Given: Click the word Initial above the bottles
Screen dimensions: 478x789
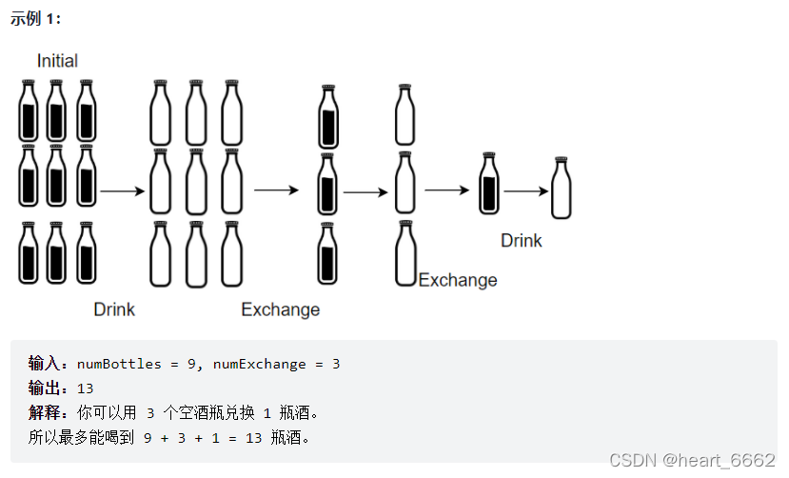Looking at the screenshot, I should [x=57, y=61].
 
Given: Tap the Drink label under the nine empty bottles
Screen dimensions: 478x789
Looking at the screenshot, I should [x=114, y=309].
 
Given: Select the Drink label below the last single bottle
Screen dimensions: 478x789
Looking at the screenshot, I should [x=521, y=241].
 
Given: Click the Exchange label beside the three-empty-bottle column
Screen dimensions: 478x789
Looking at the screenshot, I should [x=458, y=280].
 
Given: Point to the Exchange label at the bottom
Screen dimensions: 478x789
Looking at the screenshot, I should [x=280, y=309].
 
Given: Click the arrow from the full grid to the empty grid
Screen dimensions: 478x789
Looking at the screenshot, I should [x=122, y=190].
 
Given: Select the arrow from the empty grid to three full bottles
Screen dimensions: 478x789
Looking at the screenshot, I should [x=276, y=190].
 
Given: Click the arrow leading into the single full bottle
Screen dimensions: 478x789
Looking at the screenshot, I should [x=448, y=190].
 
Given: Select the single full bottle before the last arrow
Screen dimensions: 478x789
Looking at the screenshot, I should [x=489, y=184].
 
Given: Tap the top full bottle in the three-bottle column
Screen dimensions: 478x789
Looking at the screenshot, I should [x=328, y=115].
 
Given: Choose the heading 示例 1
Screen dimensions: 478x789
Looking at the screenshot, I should [x=35, y=19].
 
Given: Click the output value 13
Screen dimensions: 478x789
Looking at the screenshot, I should [x=86, y=388].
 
